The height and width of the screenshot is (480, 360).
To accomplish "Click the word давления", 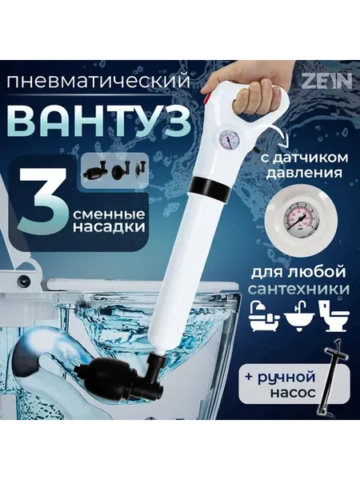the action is pyautogui.click(x=303, y=174).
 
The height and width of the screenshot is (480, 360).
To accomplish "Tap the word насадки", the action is pyautogui.click(x=109, y=228).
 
